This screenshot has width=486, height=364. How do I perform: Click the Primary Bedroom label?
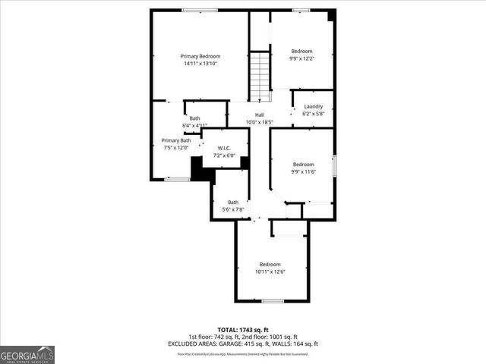[x=200, y=56]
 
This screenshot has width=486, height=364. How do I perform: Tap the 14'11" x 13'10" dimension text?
[x=200, y=64]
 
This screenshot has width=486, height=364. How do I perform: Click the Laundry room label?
[x=313, y=106]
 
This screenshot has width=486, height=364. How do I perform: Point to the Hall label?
[x=259, y=115]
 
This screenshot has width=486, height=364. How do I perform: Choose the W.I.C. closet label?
[x=224, y=148]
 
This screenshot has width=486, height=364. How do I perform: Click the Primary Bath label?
[x=175, y=140]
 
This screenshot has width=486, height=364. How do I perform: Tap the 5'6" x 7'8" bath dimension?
[x=232, y=209]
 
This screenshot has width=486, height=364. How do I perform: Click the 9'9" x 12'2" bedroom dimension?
[x=301, y=58]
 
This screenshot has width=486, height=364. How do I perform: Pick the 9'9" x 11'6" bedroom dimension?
[x=304, y=171]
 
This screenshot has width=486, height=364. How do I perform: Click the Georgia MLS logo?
[x=27, y=354]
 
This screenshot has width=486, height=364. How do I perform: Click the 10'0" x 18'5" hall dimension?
[x=259, y=122]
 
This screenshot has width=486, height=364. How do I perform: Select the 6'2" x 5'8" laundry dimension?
[x=313, y=114]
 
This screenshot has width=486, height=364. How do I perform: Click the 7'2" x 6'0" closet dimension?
[x=224, y=155]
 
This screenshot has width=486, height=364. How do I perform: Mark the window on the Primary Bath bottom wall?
[x=178, y=179]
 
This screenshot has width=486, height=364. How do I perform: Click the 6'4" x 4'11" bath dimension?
[x=194, y=125]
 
